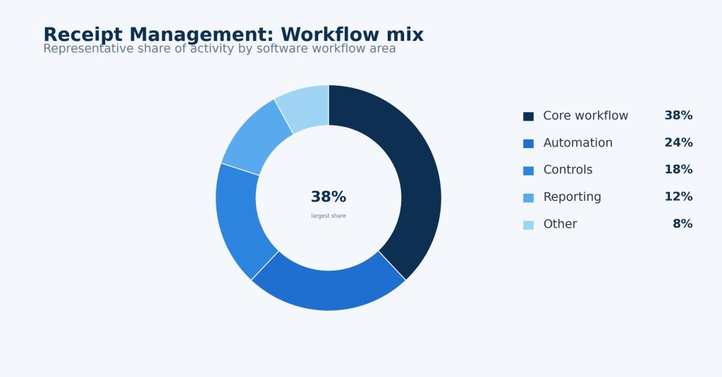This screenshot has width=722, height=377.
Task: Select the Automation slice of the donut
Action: [x=329, y=290]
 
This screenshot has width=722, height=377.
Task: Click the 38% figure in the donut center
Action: [x=329, y=197]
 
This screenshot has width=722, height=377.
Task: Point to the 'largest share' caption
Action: [x=329, y=216]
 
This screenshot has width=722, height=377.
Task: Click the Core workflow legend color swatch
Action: [x=528, y=116]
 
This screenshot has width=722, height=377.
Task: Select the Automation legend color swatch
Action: [x=528, y=144]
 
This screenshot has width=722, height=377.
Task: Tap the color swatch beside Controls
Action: [x=528, y=171]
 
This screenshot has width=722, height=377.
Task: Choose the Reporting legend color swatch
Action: [x=528, y=198]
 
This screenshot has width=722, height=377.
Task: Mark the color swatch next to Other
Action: [x=528, y=225]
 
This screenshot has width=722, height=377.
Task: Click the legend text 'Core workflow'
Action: [x=585, y=116]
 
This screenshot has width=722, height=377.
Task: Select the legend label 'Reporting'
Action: [x=572, y=197]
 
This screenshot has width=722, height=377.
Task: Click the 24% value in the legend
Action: [x=678, y=143]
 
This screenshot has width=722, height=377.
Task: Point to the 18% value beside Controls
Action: [x=678, y=170]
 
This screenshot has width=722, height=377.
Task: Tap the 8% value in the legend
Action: [x=683, y=224]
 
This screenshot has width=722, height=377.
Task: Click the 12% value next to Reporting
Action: [x=678, y=197]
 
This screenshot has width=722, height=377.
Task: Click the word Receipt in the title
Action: [x=83, y=35]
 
